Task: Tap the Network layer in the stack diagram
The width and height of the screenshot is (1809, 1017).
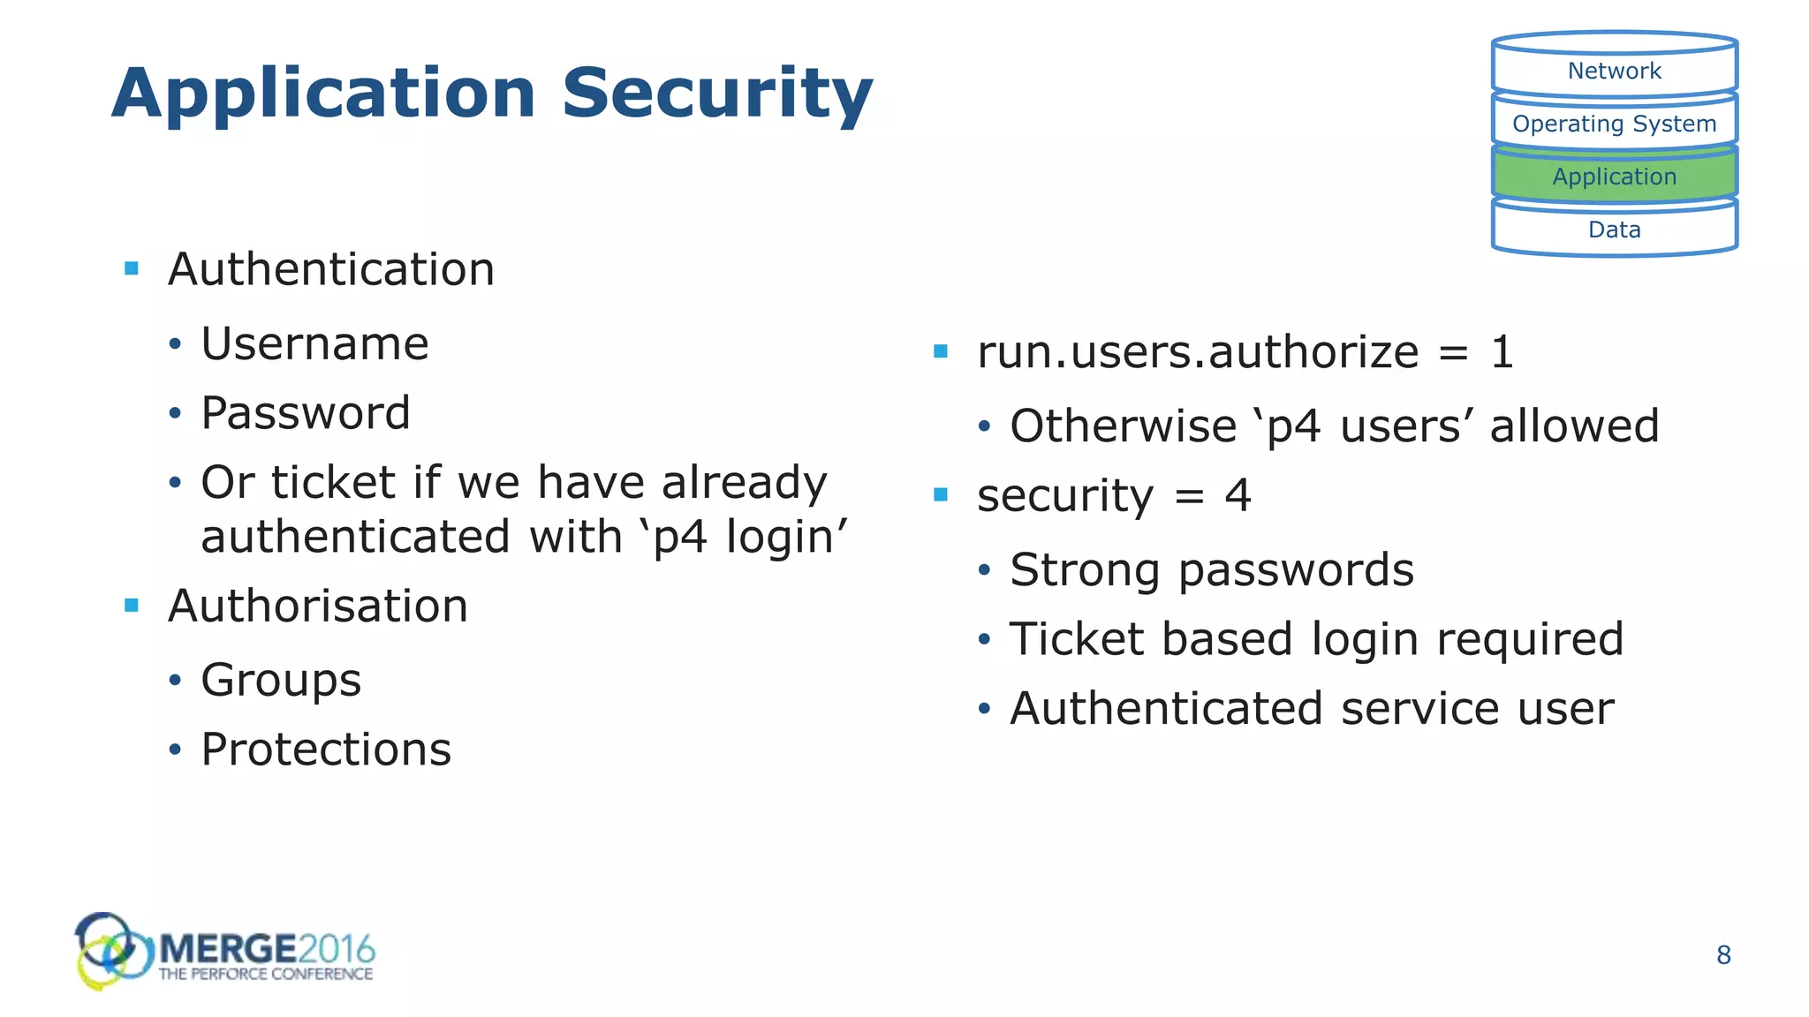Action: tap(1614, 71)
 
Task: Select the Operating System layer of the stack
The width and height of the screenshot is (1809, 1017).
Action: tap(1614, 124)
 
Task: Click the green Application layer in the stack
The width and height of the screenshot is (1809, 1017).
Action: tap(1614, 177)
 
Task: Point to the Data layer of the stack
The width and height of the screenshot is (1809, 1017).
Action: tap(1614, 230)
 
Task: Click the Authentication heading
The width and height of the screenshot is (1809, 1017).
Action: tap(331, 269)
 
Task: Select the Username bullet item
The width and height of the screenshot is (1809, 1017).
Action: tap(314, 343)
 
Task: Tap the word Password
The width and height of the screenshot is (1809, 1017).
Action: tap(306, 413)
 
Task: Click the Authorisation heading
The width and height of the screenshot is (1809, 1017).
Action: tap(318, 606)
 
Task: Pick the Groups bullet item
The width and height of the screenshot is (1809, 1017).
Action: tap(281, 681)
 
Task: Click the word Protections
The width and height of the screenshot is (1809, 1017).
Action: tap(326, 750)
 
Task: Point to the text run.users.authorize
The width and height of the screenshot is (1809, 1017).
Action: tap(1197, 352)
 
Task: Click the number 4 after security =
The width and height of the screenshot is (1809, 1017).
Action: tap(1238, 495)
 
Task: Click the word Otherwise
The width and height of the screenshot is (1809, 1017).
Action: tap(1123, 426)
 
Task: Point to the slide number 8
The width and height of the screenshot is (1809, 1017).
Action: tap(1723, 955)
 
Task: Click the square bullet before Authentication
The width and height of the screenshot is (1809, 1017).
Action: tap(132, 268)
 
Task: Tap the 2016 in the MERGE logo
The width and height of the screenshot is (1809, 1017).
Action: tap(337, 950)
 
